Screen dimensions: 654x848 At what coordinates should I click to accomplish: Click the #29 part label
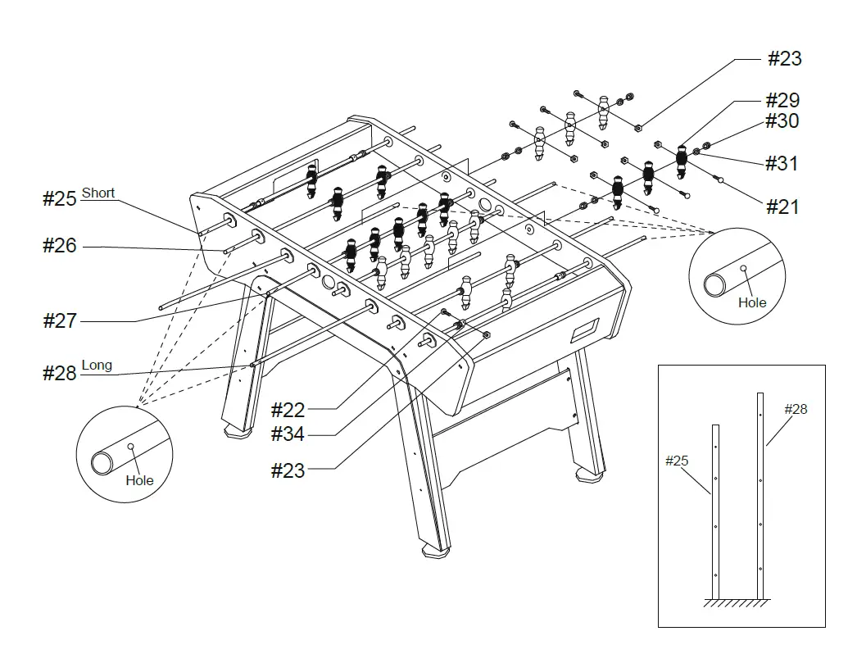(782, 100)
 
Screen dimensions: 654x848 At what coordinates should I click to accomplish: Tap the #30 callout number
(782, 121)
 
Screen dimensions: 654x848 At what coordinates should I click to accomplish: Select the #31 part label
(782, 163)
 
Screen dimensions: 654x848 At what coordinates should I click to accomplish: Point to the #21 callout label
(782, 207)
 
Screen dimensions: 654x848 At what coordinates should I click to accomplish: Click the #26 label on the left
(59, 245)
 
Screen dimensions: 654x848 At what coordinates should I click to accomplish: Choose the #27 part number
(59, 320)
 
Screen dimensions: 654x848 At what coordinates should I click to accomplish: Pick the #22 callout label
(288, 410)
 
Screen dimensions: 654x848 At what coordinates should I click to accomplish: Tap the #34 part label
(288, 434)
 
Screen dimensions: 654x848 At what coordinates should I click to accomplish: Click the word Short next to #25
(98, 193)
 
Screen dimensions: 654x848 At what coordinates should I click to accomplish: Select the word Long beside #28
(97, 366)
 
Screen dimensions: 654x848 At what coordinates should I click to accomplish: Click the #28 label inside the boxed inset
(796, 409)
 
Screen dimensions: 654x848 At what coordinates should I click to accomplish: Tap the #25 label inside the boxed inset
(676, 461)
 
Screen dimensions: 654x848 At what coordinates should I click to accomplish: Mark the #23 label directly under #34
(288, 470)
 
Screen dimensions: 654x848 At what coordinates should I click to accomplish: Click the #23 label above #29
(784, 58)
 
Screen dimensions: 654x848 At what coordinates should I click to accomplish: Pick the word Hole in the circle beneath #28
(139, 480)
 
